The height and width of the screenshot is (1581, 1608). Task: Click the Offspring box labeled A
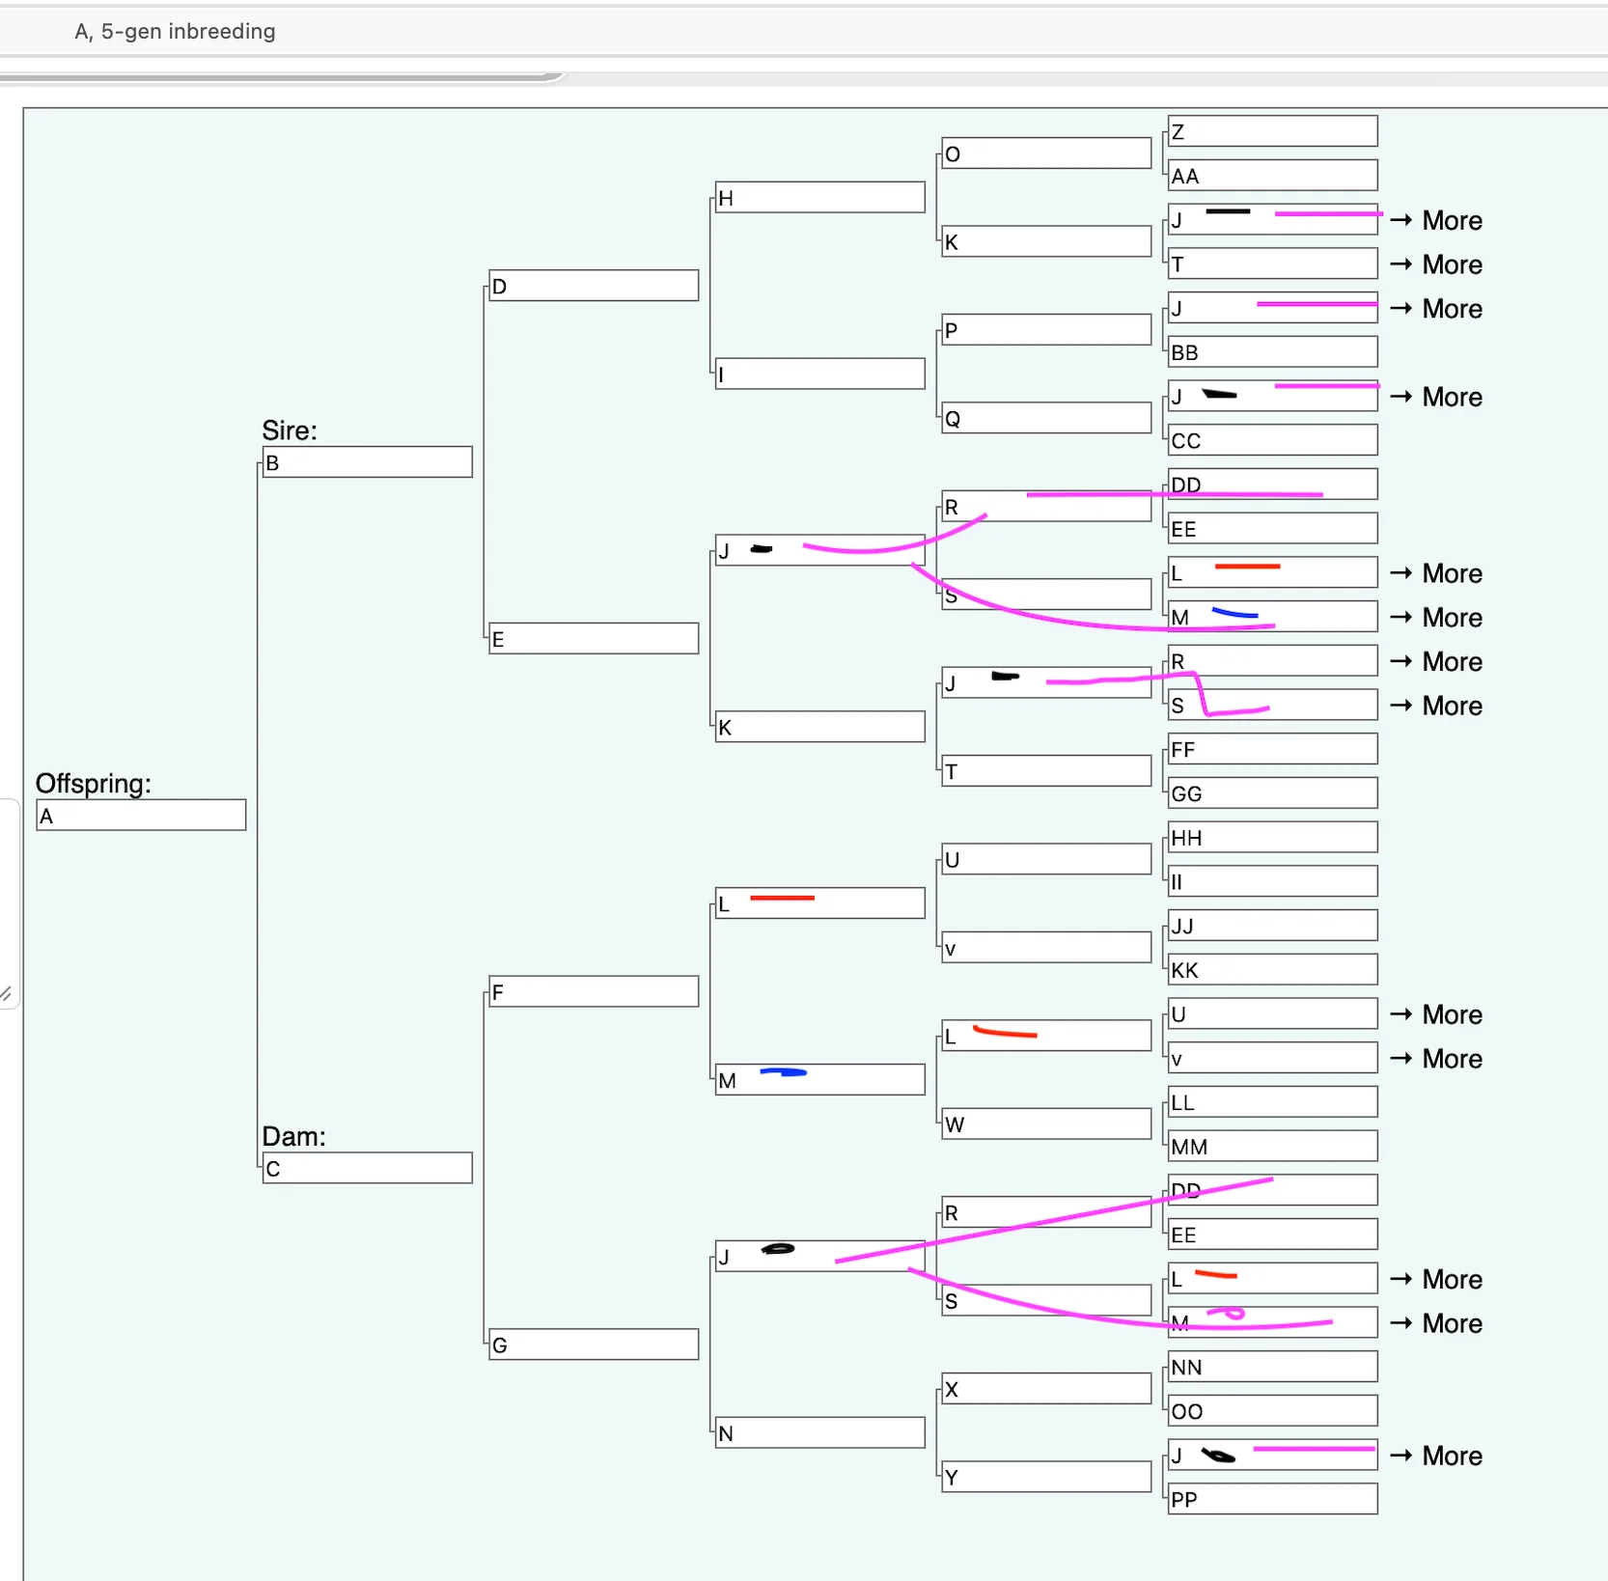141,816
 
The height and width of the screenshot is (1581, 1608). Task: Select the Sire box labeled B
368,462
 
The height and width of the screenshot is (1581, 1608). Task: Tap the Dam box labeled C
368,1169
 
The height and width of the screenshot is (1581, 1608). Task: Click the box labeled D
594,286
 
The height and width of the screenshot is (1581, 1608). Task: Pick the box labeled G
594,1345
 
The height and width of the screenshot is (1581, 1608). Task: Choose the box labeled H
820,198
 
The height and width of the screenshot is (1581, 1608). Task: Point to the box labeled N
820,1433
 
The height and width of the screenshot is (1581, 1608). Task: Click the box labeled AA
1272,176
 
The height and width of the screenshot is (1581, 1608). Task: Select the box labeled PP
1272,1499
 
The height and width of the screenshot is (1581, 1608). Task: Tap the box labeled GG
1272,793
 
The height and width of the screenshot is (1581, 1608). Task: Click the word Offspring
93,783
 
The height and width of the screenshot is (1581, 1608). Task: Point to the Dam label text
293,1136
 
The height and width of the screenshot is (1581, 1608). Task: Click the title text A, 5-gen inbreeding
175,32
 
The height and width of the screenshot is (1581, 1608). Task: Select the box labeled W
1046,1123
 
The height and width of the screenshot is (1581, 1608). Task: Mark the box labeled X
1046,1389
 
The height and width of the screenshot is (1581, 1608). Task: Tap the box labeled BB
1272,352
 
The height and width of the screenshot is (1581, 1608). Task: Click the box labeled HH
1272,838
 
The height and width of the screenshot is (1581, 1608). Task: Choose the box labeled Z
1272,131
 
